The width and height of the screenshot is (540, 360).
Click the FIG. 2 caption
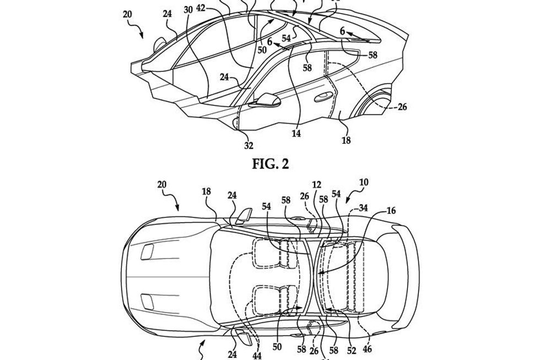(x=269, y=164)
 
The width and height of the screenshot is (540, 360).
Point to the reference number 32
(x=249, y=146)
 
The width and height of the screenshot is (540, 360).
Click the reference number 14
(x=296, y=132)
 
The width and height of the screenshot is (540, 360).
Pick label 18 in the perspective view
(x=346, y=141)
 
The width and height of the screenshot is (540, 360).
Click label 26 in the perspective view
(x=402, y=107)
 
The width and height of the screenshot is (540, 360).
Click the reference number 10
(x=364, y=182)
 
